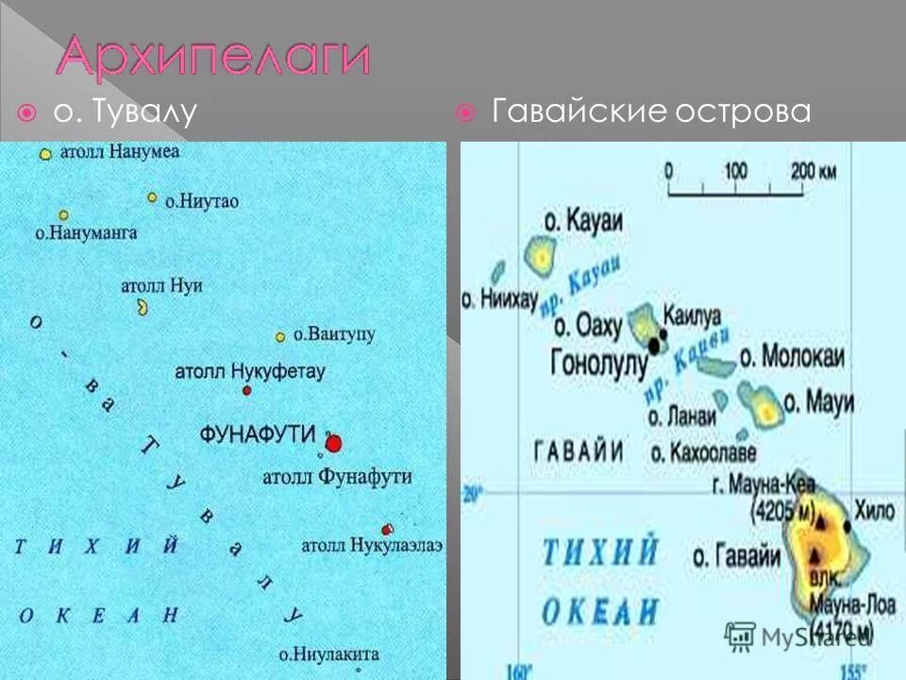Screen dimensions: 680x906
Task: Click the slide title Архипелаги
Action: pos(212,59)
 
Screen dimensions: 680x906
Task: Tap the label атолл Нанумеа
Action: pos(120,151)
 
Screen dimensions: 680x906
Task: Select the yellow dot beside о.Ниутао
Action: pos(151,197)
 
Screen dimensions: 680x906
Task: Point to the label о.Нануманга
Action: pos(86,232)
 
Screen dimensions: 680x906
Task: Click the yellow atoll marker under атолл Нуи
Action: pos(143,307)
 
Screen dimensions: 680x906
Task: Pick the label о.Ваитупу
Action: pos(334,334)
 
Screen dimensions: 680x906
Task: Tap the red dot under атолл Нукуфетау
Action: pos(247,390)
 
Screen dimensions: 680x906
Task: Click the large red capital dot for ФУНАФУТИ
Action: pos(332,443)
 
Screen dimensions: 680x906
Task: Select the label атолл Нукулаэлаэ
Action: pos(372,545)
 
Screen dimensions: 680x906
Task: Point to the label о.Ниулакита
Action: pos(328,654)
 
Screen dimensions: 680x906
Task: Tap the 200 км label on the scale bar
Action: pos(814,172)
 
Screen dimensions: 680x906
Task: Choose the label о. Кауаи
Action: pos(583,220)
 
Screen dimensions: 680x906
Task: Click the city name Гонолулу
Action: pos(599,364)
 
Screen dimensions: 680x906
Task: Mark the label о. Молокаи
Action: pos(792,356)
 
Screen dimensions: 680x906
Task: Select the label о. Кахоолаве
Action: pos(702,452)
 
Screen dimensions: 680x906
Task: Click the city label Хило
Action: pos(873,511)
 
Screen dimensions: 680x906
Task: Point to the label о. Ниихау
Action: pos(499,299)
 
